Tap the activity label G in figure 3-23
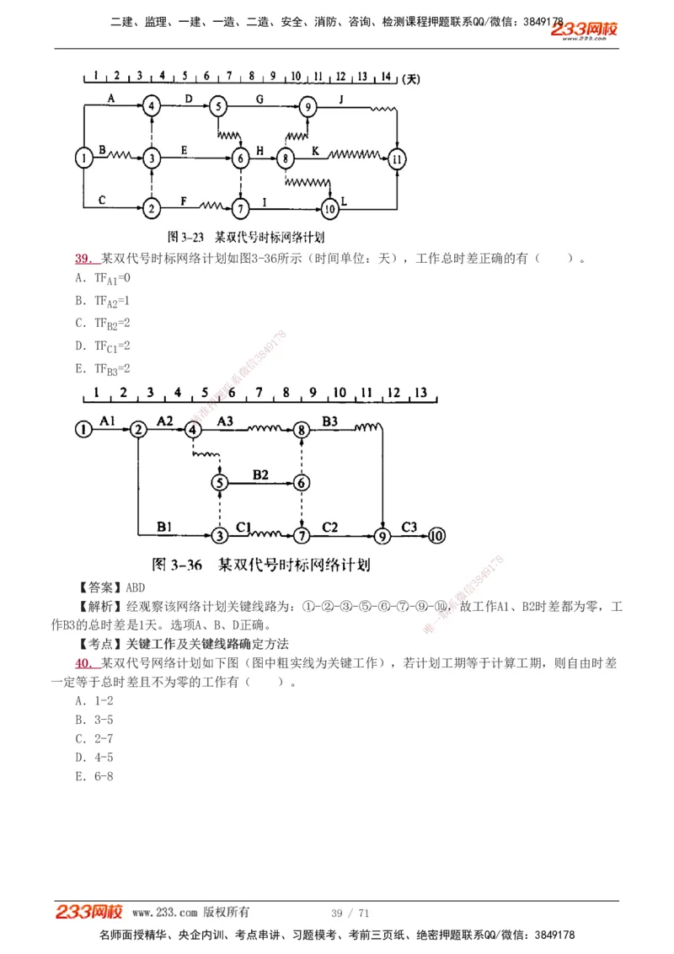(x=259, y=99)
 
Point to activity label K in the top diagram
(x=316, y=150)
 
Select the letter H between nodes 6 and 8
(x=260, y=150)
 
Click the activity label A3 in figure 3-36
(x=226, y=420)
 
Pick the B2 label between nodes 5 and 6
(x=260, y=474)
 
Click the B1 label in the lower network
(x=165, y=527)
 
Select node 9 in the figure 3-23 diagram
(x=308, y=107)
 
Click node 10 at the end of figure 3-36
(x=436, y=535)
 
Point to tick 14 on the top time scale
(x=386, y=77)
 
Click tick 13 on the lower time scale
(x=421, y=393)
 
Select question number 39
(x=83, y=259)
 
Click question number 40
(x=83, y=663)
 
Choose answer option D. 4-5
(x=94, y=757)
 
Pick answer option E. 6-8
(x=94, y=776)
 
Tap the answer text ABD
(x=134, y=587)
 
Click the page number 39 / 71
(x=350, y=913)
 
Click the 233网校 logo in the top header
(x=585, y=30)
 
